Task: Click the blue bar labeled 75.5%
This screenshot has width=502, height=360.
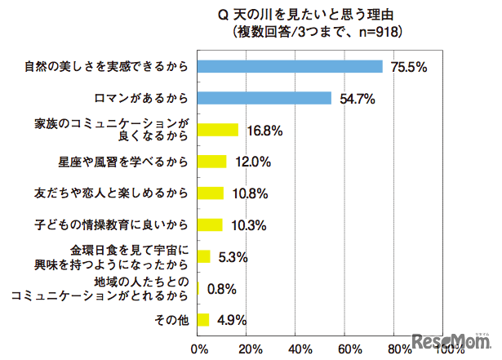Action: pos(291,67)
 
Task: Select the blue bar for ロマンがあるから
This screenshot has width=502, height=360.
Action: pos(264,98)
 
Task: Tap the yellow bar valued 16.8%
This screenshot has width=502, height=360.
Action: pos(218,130)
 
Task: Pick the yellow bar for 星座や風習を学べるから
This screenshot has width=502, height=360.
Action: pos(212,162)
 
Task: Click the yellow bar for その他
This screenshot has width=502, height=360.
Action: pos(204,319)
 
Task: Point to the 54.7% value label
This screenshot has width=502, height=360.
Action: pos(356,100)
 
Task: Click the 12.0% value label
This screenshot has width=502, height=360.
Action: pos(252,162)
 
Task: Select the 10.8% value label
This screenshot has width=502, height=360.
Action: pos(250,194)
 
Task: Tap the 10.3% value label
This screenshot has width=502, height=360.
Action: pos(248,225)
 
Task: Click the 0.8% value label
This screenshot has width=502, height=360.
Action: pos(222,289)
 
